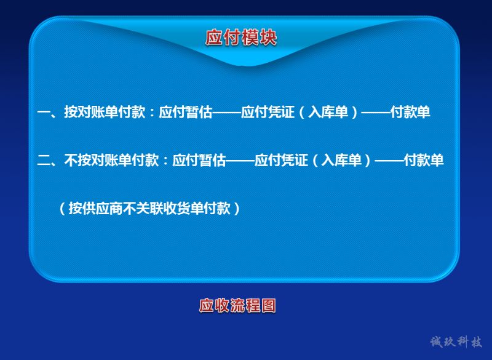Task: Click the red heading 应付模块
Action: click(241, 38)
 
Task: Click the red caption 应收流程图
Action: click(237, 305)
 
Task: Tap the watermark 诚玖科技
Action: click(456, 342)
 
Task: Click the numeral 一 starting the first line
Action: click(44, 113)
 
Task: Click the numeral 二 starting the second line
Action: click(44, 160)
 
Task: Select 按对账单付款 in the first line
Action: click(105, 112)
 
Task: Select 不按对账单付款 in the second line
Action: click(111, 160)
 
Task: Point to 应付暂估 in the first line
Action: click(186, 112)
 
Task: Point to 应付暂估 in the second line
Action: click(199, 160)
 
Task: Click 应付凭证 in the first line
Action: click(268, 112)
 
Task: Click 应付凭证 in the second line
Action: click(281, 160)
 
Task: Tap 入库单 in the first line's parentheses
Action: click(328, 112)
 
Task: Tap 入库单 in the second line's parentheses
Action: click(341, 160)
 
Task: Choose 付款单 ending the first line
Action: click(410, 112)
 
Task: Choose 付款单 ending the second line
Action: click(424, 160)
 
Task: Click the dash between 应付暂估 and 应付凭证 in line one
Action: click(227, 113)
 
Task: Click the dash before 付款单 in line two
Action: click(389, 161)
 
